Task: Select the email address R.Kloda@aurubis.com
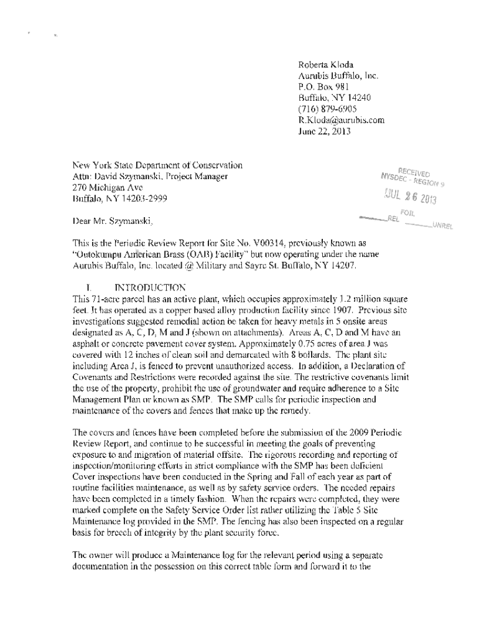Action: pyautogui.click(x=342, y=120)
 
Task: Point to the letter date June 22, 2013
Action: pyautogui.click(x=325, y=131)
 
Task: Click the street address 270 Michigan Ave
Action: pyautogui.click(x=108, y=188)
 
